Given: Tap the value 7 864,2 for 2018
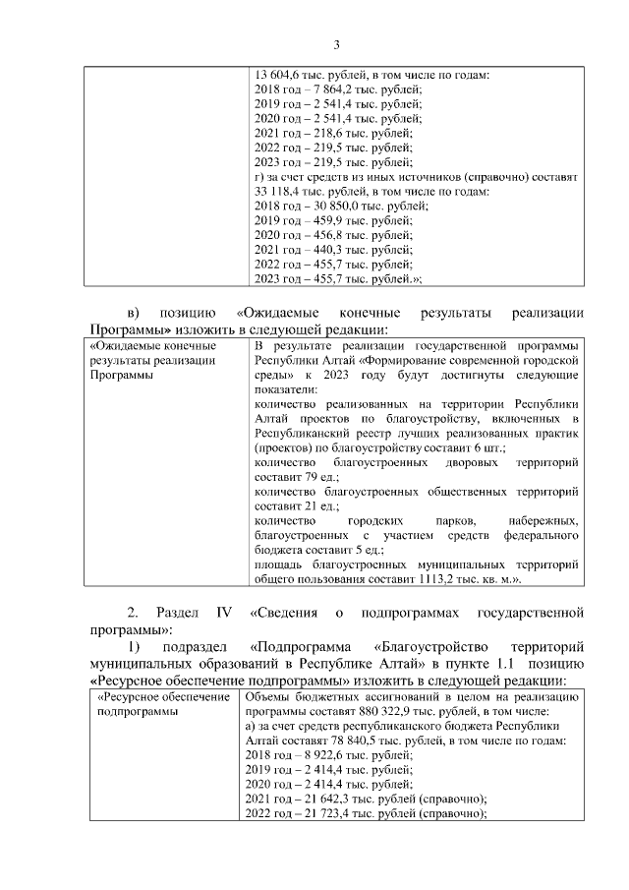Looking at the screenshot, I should pyautogui.click(x=325, y=89).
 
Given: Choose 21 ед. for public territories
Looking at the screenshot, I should pyautogui.click(x=309, y=506).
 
